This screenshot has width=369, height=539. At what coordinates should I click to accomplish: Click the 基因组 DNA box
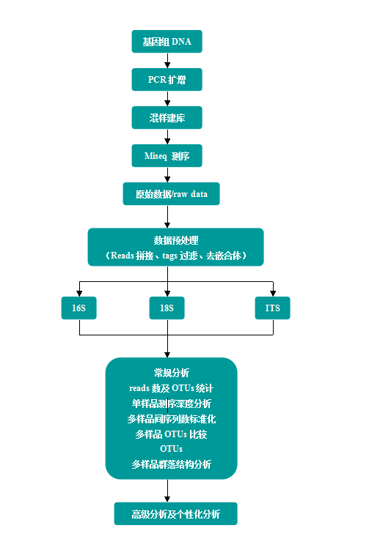pos(167,42)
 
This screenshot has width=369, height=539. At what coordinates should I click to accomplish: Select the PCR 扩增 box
pos(167,80)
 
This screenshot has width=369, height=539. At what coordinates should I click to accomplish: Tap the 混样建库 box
pos(167,118)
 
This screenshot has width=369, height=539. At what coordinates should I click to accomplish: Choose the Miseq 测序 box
pos(167,156)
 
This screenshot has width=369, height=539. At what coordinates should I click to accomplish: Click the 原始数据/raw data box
pos(172,194)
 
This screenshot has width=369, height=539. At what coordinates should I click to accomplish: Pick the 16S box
pos(78,308)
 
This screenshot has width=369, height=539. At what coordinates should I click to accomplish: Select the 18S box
pos(167,308)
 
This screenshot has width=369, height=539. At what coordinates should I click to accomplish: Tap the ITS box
pos(273,308)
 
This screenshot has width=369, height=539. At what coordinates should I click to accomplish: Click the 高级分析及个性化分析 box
pos(176,514)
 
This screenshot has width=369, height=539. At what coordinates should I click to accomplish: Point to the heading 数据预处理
pos(176,240)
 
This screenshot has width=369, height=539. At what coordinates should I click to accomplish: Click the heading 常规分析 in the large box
pos(172,373)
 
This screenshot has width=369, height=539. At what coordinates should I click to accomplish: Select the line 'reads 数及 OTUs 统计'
pos(172,388)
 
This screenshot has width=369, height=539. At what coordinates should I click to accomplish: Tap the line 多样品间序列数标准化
pos(172,419)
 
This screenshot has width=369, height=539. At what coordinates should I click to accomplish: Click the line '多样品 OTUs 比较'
pos(172,434)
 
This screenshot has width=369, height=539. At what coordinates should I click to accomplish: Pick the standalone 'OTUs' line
pos(172,449)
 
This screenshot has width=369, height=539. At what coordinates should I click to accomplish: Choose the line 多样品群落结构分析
pos(172,464)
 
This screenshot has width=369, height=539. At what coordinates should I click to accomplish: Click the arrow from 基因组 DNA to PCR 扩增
pos(167,61)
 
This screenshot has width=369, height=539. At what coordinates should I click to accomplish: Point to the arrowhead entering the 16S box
pos(79,294)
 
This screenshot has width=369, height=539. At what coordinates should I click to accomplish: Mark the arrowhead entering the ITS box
pos(273,294)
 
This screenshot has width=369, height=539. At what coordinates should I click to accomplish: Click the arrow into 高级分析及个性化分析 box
pos(167,491)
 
